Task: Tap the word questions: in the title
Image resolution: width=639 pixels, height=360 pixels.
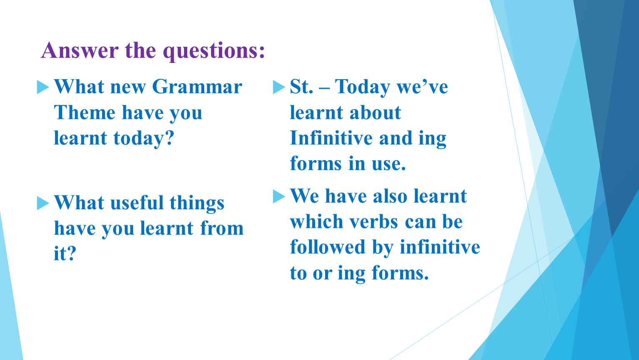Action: [x=214, y=51]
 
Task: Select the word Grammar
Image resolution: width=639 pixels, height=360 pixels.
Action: [x=197, y=86]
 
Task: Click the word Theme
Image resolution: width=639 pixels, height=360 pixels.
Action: [x=85, y=112]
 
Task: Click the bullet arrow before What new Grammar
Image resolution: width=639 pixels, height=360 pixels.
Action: [x=43, y=87]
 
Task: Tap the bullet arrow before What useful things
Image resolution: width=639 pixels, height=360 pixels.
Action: [x=43, y=203]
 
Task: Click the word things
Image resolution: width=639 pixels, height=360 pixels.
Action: [x=197, y=204]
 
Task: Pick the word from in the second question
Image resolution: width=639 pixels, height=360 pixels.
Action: [x=222, y=228]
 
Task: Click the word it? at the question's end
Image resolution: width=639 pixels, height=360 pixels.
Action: [x=65, y=253]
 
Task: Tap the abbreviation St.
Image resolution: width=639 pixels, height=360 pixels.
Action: [x=301, y=86]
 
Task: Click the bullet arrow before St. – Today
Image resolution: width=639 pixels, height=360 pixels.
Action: [x=279, y=87]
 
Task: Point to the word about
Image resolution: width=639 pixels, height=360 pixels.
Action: [x=376, y=112]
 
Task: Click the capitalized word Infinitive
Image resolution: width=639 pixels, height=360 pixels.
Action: [x=331, y=138]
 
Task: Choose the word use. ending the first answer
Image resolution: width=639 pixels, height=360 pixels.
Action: [x=389, y=164]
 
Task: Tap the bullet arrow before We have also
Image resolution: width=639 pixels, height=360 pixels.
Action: [x=279, y=197]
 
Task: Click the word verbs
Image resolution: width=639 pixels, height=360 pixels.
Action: [x=374, y=222]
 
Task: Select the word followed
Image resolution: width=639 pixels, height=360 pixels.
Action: [x=328, y=247]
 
